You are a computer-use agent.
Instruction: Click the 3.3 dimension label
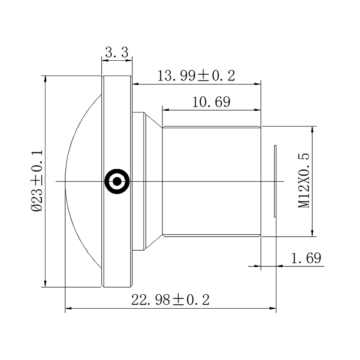pyautogui.click(x=117, y=52)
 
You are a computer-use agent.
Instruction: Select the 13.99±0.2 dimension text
pyautogui.click(x=196, y=76)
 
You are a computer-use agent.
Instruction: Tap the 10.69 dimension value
pyautogui.click(x=211, y=102)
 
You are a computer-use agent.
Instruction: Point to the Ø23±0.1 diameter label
pyautogui.click(x=37, y=181)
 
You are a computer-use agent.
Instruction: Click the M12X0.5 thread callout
pyautogui.click(x=304, y=181)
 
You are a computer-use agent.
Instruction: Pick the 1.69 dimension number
pyautogui.click(x=306, y=258)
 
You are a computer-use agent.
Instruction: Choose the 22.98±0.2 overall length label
pyautogui.click(x=171, y=300)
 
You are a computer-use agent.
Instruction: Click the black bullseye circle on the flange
pyautogui.click(x=117, y=181)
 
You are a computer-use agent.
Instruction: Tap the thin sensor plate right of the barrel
pyautogui.click(x=275, y=181)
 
